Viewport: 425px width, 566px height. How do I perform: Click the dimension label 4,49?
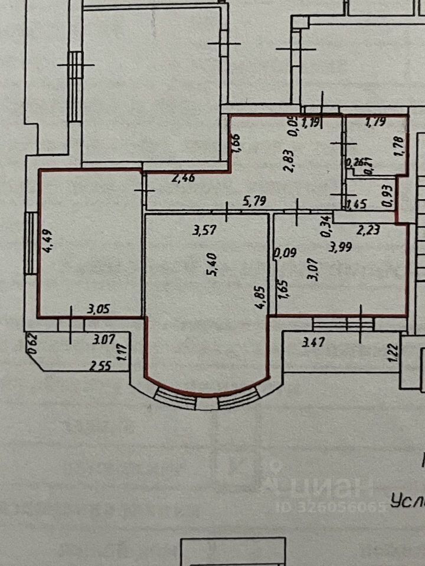coord(49,241)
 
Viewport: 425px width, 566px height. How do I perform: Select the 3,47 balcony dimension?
coord(313,341)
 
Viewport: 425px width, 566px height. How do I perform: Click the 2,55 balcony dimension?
coord(102,366)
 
